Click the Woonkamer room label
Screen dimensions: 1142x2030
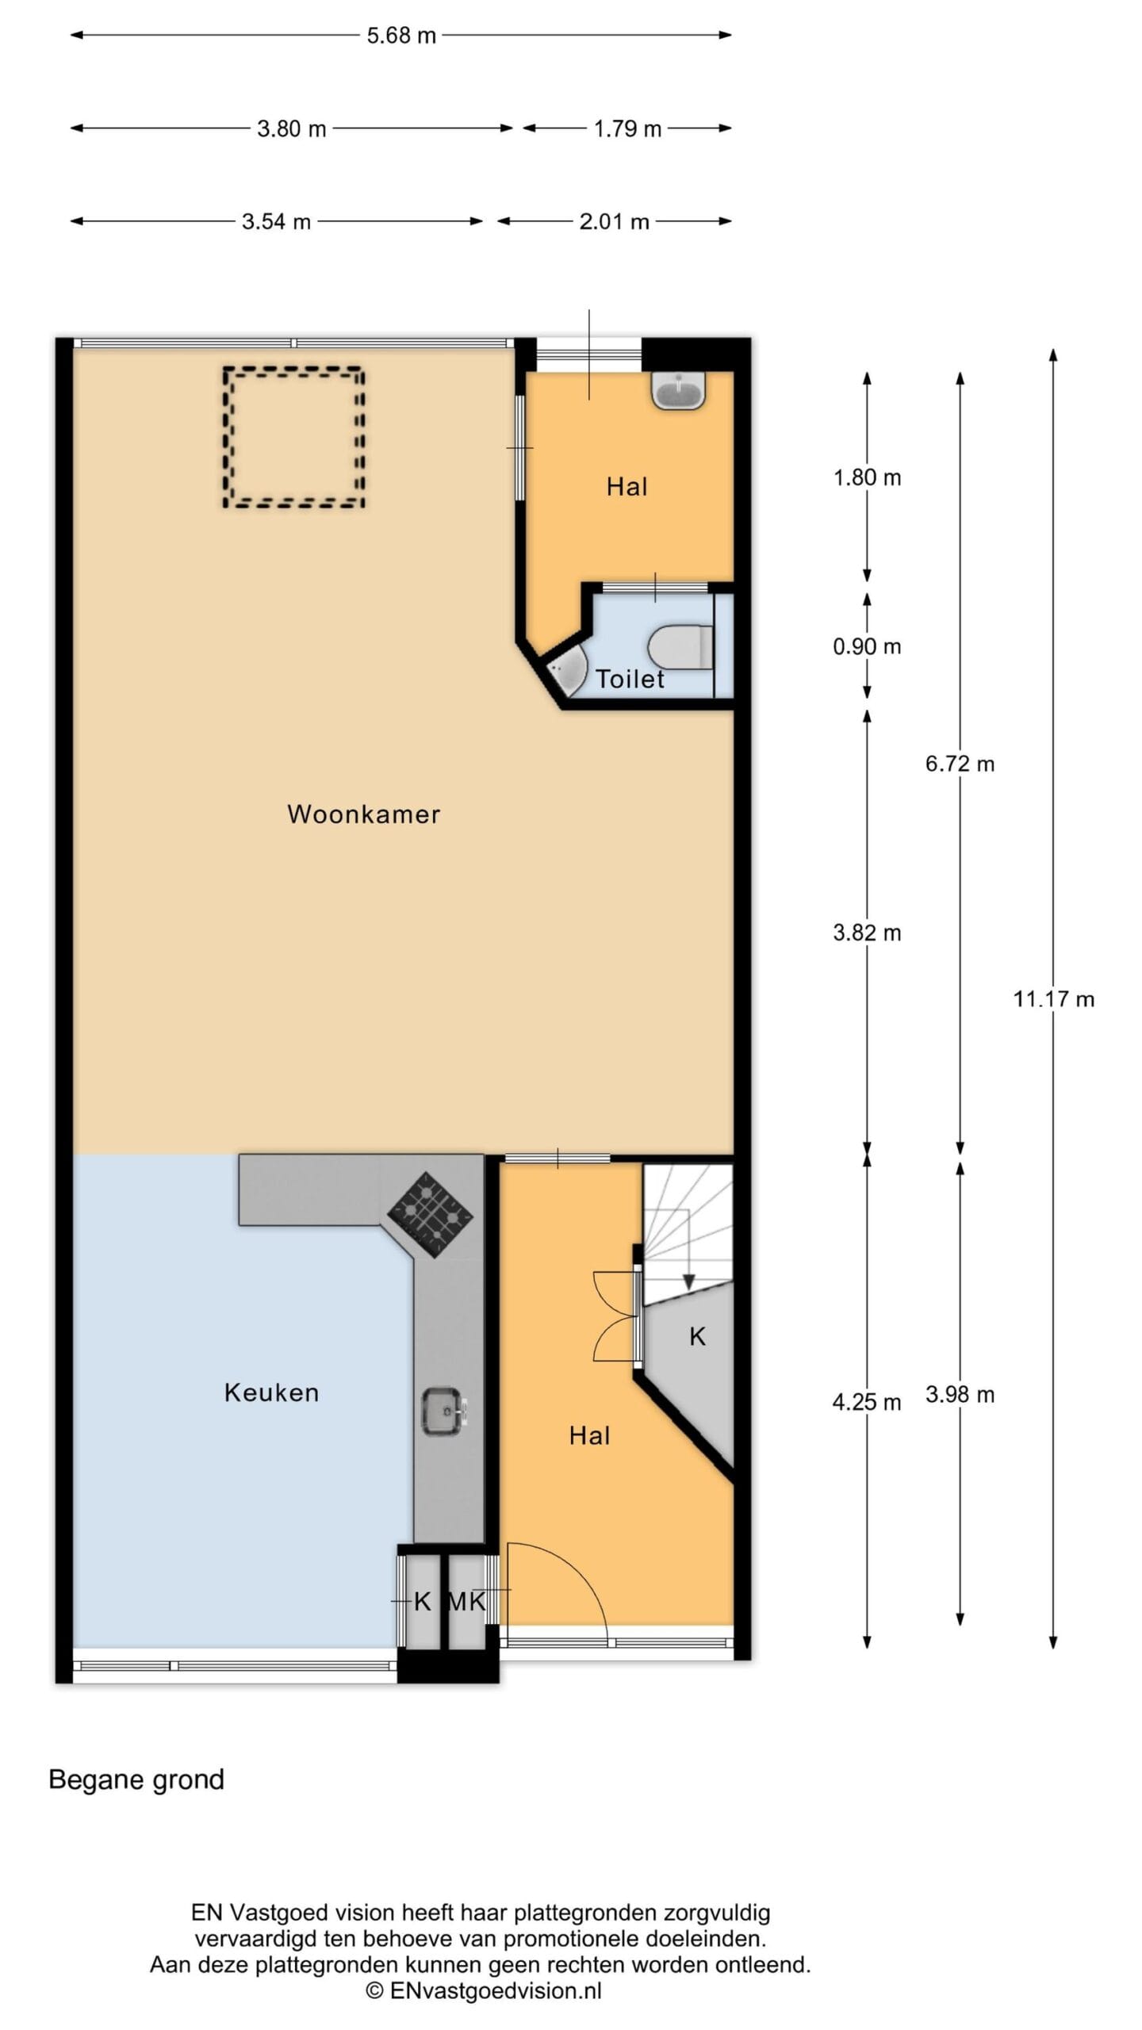(363, 814)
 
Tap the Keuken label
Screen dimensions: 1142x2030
(271, 1392)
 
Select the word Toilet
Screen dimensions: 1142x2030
(630, 679)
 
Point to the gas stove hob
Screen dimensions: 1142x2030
(430, 1214)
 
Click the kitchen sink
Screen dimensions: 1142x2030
(445, 1411)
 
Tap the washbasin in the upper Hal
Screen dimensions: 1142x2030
(678, 390)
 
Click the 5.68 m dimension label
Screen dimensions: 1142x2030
(401, 36)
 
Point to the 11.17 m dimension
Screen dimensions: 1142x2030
(1053, 999)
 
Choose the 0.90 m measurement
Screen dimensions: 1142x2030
(867, 646)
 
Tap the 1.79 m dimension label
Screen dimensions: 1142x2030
(627, 128)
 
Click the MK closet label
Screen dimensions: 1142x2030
(466, 1602)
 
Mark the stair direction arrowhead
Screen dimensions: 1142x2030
(688, 1281)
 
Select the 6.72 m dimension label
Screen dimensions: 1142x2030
(960, 764)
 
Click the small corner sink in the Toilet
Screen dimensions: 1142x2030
(568, 668)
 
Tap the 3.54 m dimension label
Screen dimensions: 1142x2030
(276, 221)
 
